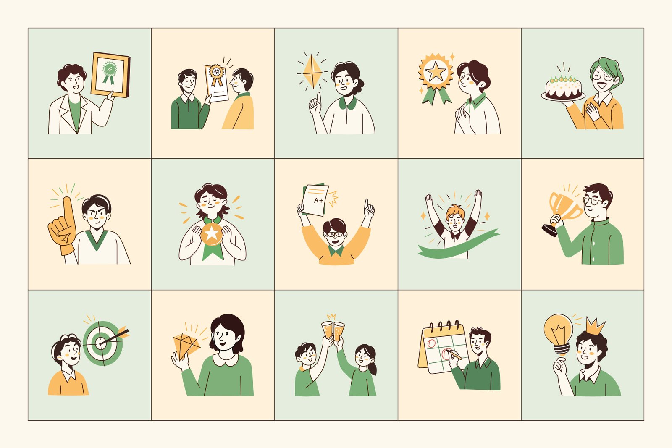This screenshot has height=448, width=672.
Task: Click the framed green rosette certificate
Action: (110, 75)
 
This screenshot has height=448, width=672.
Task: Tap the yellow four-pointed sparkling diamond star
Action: (312, 72)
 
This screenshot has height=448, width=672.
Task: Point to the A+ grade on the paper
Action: (318, 200)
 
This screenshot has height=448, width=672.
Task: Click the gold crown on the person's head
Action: (595, 326)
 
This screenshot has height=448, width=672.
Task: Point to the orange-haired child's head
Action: (455, 218)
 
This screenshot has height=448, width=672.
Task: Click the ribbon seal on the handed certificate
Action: (216, 74)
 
